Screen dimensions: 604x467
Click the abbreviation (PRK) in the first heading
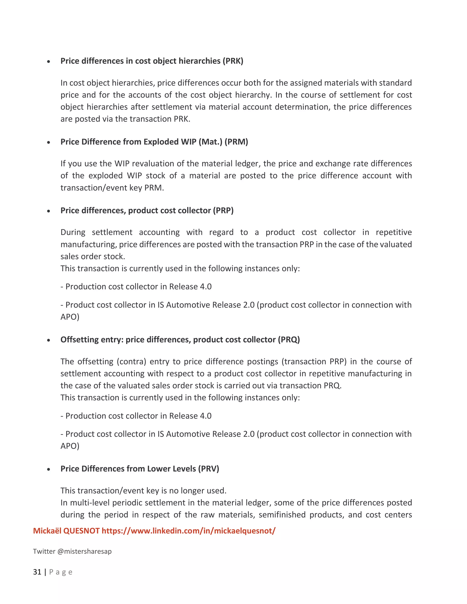233,61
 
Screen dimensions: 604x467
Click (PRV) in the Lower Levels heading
209,469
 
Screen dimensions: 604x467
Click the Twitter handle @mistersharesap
84,551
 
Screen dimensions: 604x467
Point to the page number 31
37,572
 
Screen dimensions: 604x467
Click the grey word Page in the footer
61,572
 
